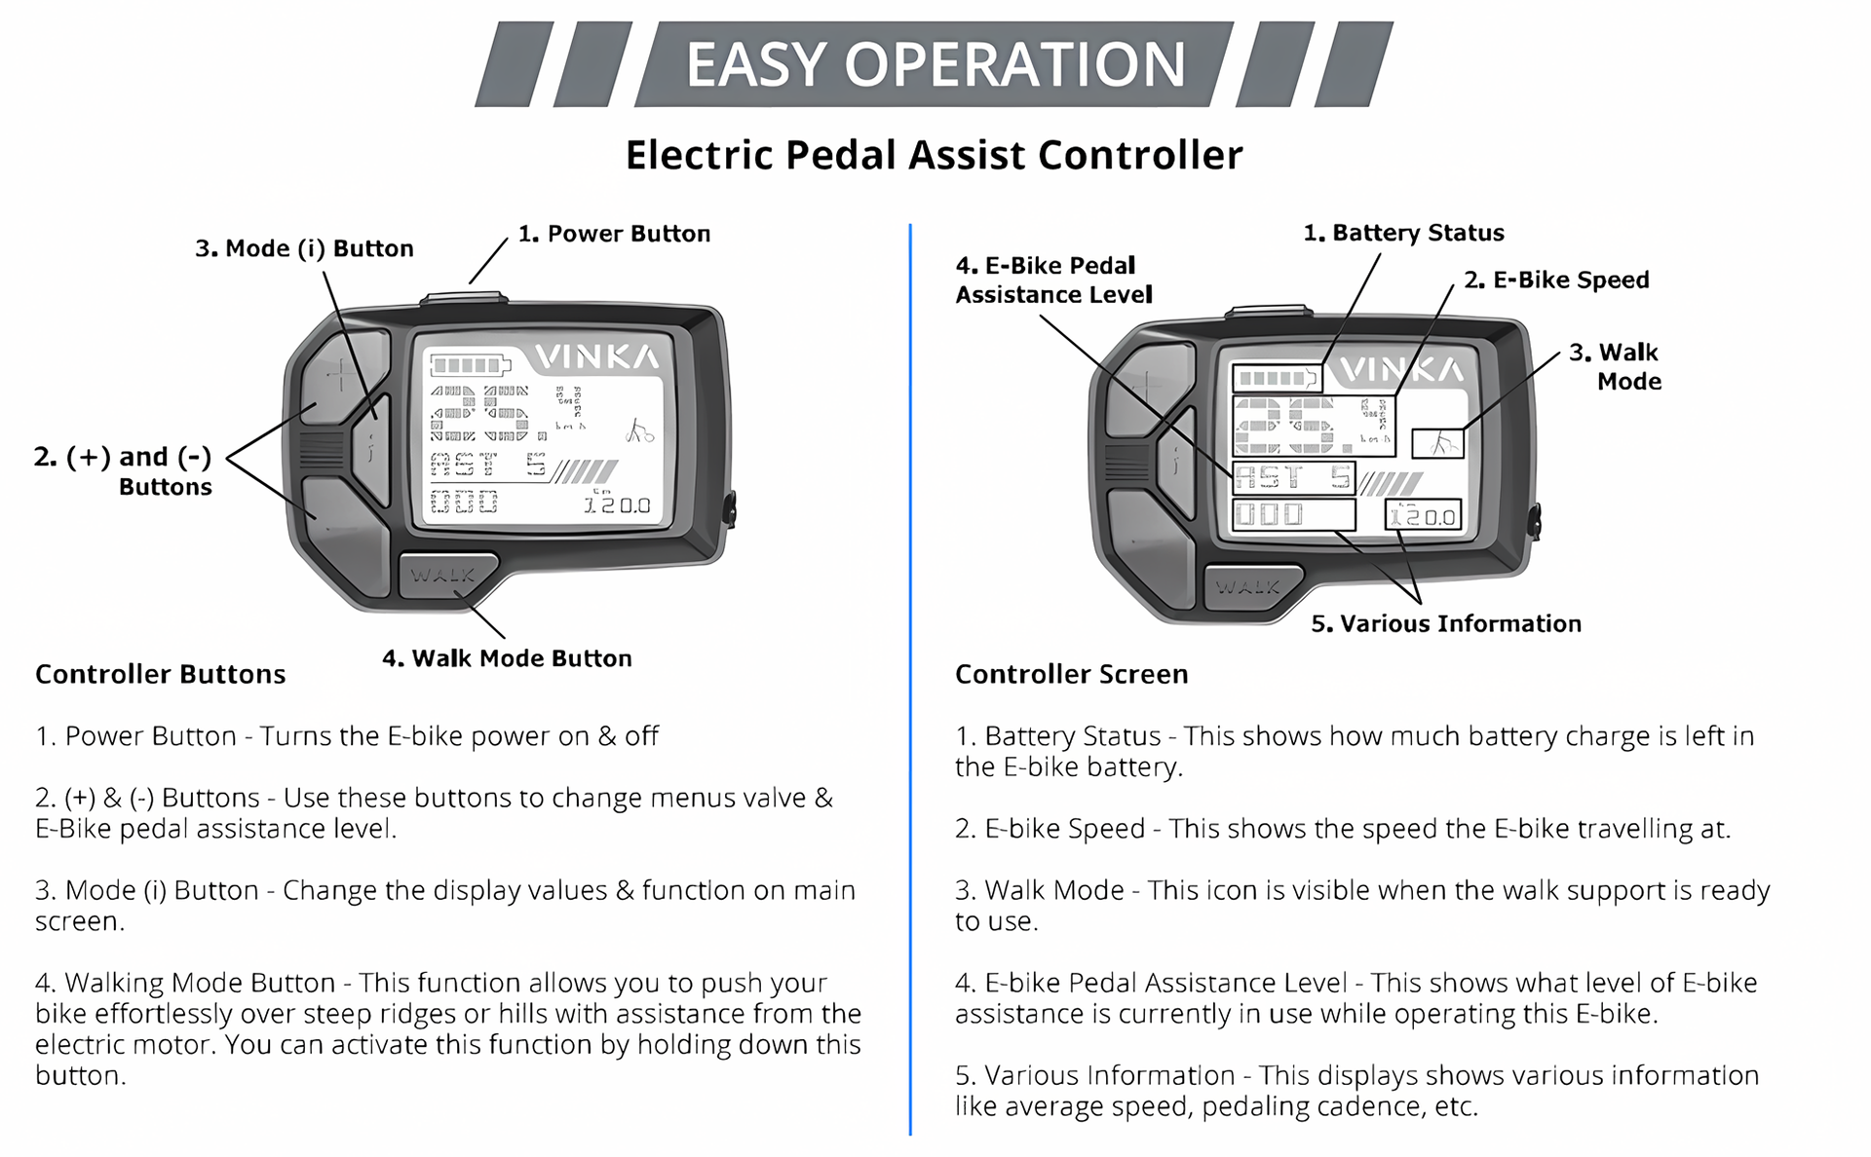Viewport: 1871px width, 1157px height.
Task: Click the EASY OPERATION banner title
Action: pyautogui.click(x=935, y=64)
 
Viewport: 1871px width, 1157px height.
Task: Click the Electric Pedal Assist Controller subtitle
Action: pyautogui.click(x=934, y=155)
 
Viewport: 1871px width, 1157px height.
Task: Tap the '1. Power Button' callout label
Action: pyautogui.click(x=614, y=234)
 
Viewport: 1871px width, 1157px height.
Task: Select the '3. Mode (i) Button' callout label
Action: pyautogui.click(x=304, y=248)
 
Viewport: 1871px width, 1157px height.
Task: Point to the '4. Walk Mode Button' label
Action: pyautogui.click(x=507, y=658)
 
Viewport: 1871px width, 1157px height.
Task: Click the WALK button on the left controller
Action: pyautogui.click(x=444, y=576)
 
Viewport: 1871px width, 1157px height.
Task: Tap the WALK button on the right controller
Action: pyautogui.click(x=1248, y=587)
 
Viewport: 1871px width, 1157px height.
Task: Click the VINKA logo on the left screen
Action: pyautogui.click(x=596, y=357)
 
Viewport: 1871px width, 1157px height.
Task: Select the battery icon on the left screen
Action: pyautogui.click(x=470, y=365)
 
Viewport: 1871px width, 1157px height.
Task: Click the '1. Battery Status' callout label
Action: pyautogui.click(x=1403, y=233)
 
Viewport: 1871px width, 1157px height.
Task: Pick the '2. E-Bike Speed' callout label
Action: pyautogui.click(x=1556, y=280)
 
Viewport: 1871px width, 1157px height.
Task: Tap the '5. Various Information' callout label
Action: pyautogui.click(x=1446, y=623)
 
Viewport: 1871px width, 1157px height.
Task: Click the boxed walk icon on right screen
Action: pyautogui.click(x=1438, y=444)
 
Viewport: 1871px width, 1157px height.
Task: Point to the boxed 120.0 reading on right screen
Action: pyautogui.click(x=1423, y=515)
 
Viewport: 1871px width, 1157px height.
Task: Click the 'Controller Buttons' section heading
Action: pyautogui.click(x=161, y=674)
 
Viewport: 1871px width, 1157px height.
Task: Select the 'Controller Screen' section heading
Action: pyautogui.click(x=1071, y=674)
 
